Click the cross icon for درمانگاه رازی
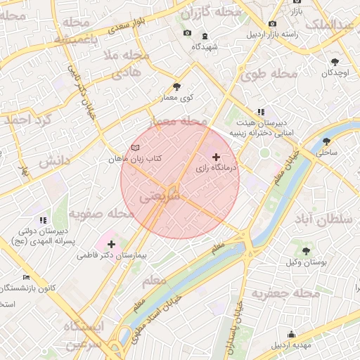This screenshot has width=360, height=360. click(215, 157)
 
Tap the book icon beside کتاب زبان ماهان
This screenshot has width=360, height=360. click(135, 148)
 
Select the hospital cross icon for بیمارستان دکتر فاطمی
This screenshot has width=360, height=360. click(112, 244)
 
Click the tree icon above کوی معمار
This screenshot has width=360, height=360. click(176, 86)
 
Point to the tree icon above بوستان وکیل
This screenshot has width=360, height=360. click(306, 250)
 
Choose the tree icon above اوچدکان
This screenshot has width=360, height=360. click(334, 62)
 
